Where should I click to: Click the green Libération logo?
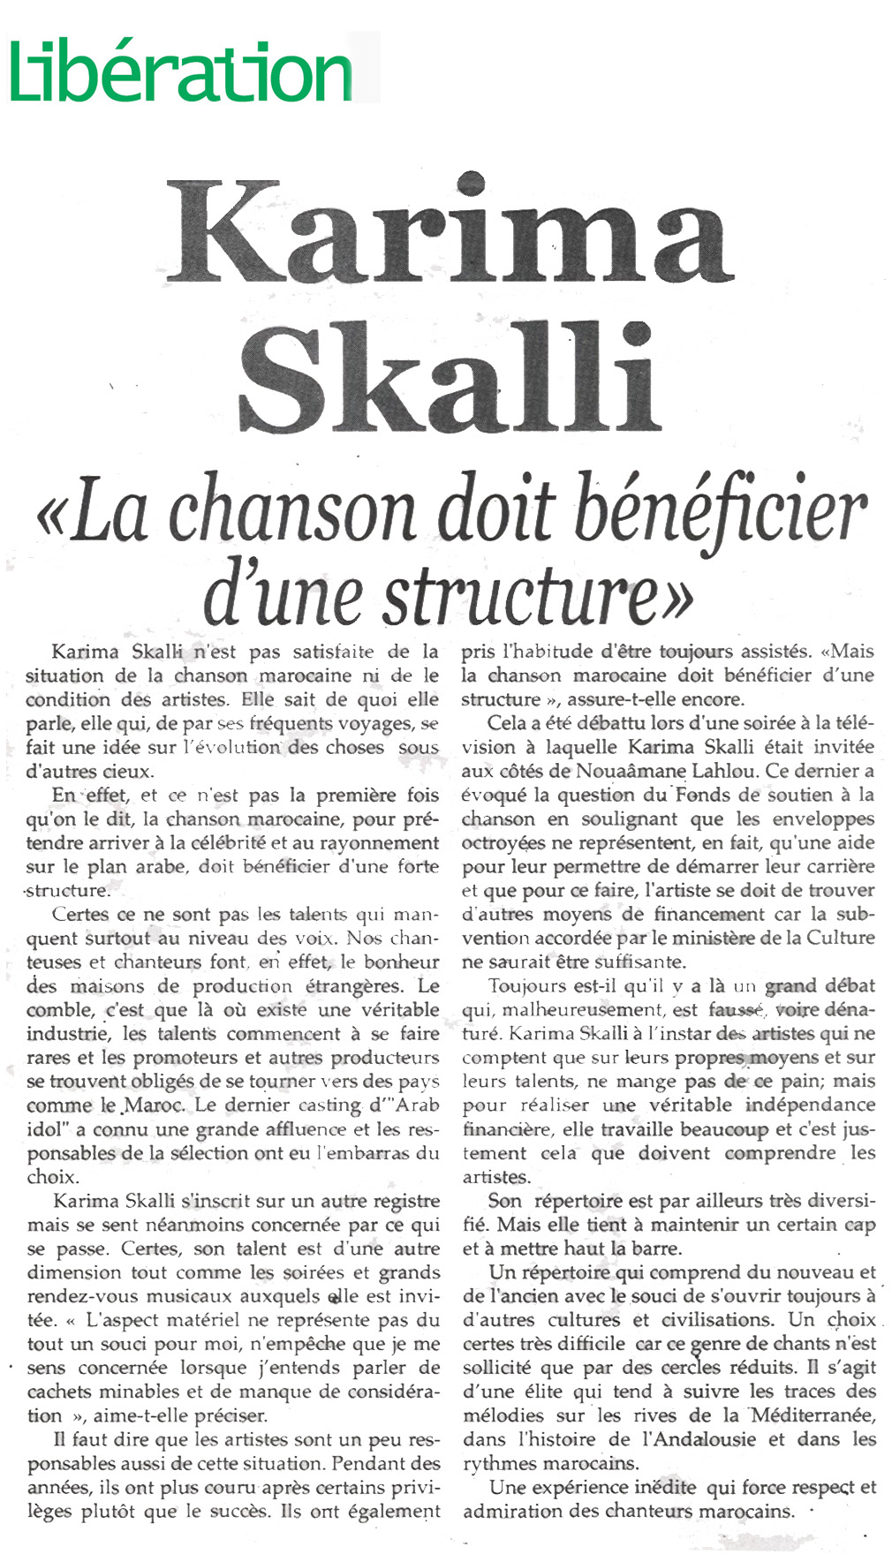181,72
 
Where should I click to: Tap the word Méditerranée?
812,1415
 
